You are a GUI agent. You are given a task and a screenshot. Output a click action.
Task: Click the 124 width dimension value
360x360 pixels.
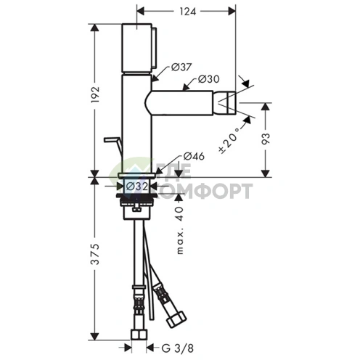click(x=187, y=12)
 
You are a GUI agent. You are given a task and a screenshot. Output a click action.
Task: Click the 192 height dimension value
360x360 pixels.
click(x=95, y=94)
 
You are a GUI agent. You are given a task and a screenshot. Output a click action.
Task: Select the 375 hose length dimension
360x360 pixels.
click(x=95, y=254)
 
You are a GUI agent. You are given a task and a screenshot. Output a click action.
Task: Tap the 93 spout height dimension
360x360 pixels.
click(x=266, y=139)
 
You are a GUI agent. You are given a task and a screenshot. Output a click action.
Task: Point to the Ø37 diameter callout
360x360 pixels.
click(x=181, y=67)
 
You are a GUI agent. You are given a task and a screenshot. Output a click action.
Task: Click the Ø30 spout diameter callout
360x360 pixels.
click(x=208, y=79)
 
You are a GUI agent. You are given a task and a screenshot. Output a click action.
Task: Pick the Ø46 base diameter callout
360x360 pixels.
click(x=194, y=156)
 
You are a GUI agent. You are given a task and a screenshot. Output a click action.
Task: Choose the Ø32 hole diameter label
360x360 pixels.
click(x=137, y=187)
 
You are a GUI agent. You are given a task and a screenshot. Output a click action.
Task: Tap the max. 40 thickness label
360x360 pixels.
click(x=180, y=230)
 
